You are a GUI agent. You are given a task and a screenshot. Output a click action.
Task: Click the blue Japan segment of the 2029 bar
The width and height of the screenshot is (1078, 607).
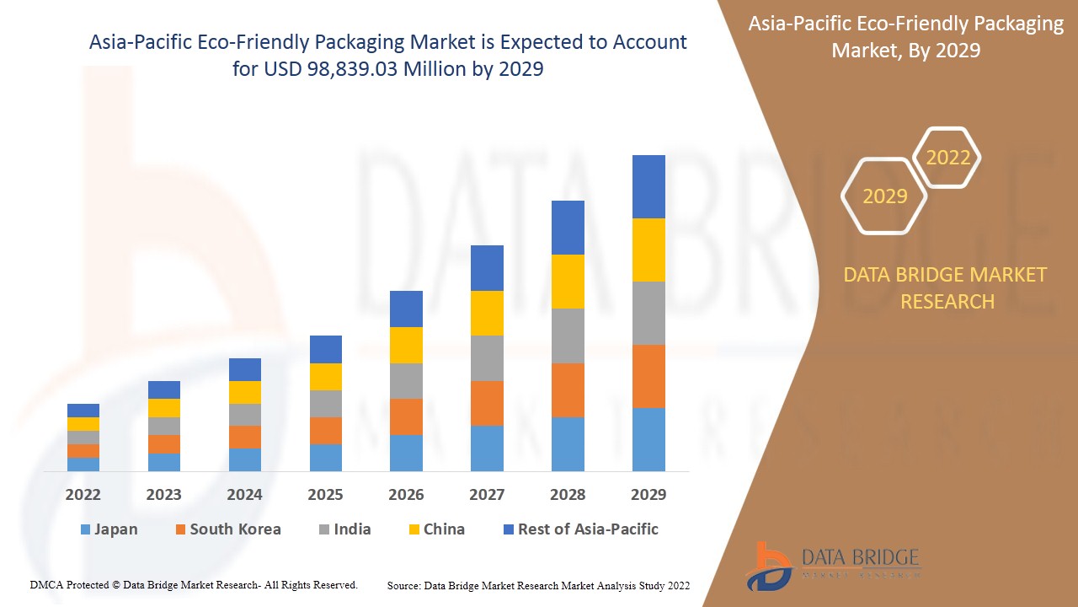tap(648, 439)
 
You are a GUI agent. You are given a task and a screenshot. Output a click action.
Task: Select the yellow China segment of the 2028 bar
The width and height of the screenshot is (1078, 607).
tap(568, 282)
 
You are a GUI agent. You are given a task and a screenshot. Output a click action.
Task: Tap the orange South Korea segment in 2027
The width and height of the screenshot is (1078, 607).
tap(487, 403)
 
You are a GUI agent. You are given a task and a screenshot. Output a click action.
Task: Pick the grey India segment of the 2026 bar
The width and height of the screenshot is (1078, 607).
tap(406, 381)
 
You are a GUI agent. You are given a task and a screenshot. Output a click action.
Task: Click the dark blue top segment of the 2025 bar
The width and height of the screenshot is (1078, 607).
tap(326, 349)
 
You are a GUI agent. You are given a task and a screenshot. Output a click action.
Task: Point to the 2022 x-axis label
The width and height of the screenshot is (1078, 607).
tap(83, 495)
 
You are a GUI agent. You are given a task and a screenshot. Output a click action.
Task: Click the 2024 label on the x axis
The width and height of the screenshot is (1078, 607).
tap(244, 495)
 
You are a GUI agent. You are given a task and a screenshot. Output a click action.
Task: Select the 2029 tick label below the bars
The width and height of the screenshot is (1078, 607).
tap(648, 495)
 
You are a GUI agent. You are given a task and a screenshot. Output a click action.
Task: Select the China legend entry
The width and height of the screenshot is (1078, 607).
tap(435, 529)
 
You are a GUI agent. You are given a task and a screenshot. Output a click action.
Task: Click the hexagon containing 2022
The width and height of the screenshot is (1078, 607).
tap(947, 158)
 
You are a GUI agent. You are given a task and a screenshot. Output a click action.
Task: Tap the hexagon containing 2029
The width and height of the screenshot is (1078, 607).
tap(884, 196)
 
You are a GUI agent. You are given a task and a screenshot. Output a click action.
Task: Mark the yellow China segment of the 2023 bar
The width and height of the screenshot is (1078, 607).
tap(164, 408)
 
